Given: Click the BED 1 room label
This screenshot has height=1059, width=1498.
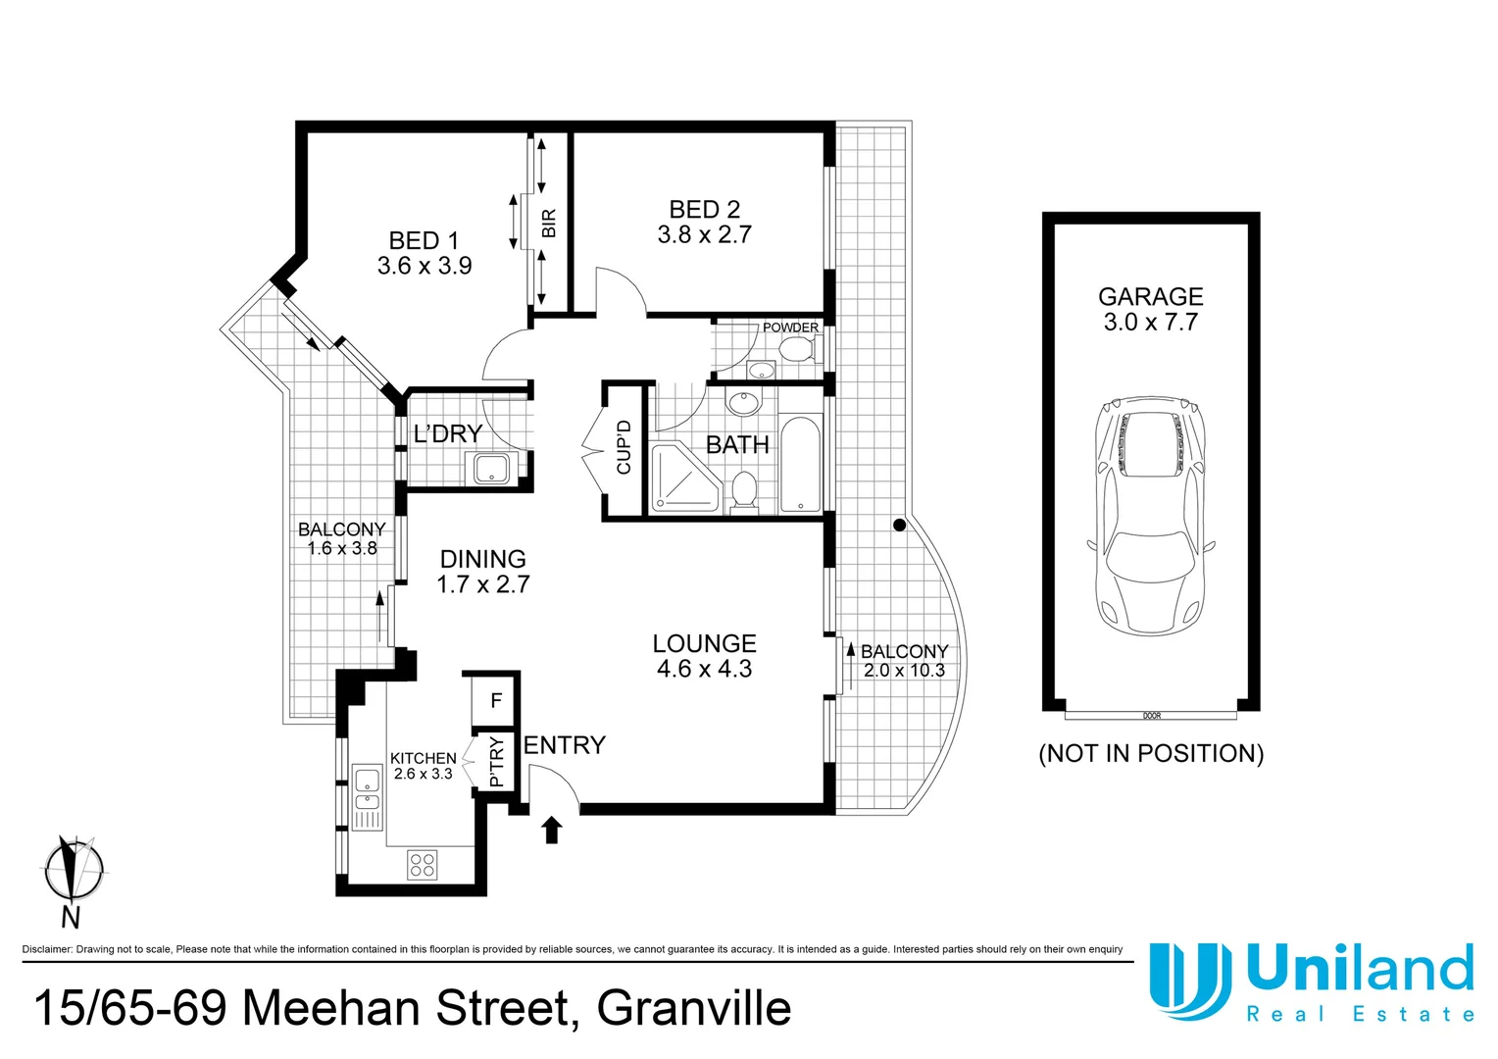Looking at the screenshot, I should pyautogui.click(x=424, y=241).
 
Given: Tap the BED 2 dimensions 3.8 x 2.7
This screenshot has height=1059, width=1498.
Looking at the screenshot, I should pyautogui.click(x=704, y=235).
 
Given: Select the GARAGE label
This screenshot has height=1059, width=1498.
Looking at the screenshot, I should pyautogui.click(x=1150, y=296).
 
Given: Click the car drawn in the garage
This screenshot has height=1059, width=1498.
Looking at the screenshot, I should pyautogui.click(x=1150, y=516).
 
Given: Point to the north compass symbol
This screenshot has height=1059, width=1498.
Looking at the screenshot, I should pyautogui.click(x=72, y=870).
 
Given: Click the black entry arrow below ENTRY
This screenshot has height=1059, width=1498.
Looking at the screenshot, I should pyautogui.click(x=552, y=830).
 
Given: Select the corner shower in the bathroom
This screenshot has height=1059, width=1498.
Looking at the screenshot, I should pyautogui.click(x=682, y=478).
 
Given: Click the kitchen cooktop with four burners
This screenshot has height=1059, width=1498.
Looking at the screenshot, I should pyautogui.click(x=423, y=866).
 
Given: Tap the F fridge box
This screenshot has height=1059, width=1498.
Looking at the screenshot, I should pyautogui.click(x=496, y=700).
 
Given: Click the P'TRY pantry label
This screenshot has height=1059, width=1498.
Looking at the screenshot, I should pyautogui.click(x=496, y=762).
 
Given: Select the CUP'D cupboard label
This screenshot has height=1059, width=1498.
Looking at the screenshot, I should pyautogui.click(x=624, y=447).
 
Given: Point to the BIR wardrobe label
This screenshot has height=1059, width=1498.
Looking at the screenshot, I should pyautogui.click(x=549, y=224).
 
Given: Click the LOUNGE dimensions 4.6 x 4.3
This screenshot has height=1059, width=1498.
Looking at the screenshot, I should pyautogui.click(x=704, y=670).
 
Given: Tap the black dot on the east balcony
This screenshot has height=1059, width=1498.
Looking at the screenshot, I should pyautogui.click(x=899, y=526).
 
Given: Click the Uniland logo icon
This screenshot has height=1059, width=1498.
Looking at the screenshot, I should pyautogui.click(x=1188, y=981).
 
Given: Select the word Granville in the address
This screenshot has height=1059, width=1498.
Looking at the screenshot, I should pyautogui.click(x=693, y=1008).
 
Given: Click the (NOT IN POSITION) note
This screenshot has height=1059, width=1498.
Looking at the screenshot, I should pyautogui.click(x=1151, y=753).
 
